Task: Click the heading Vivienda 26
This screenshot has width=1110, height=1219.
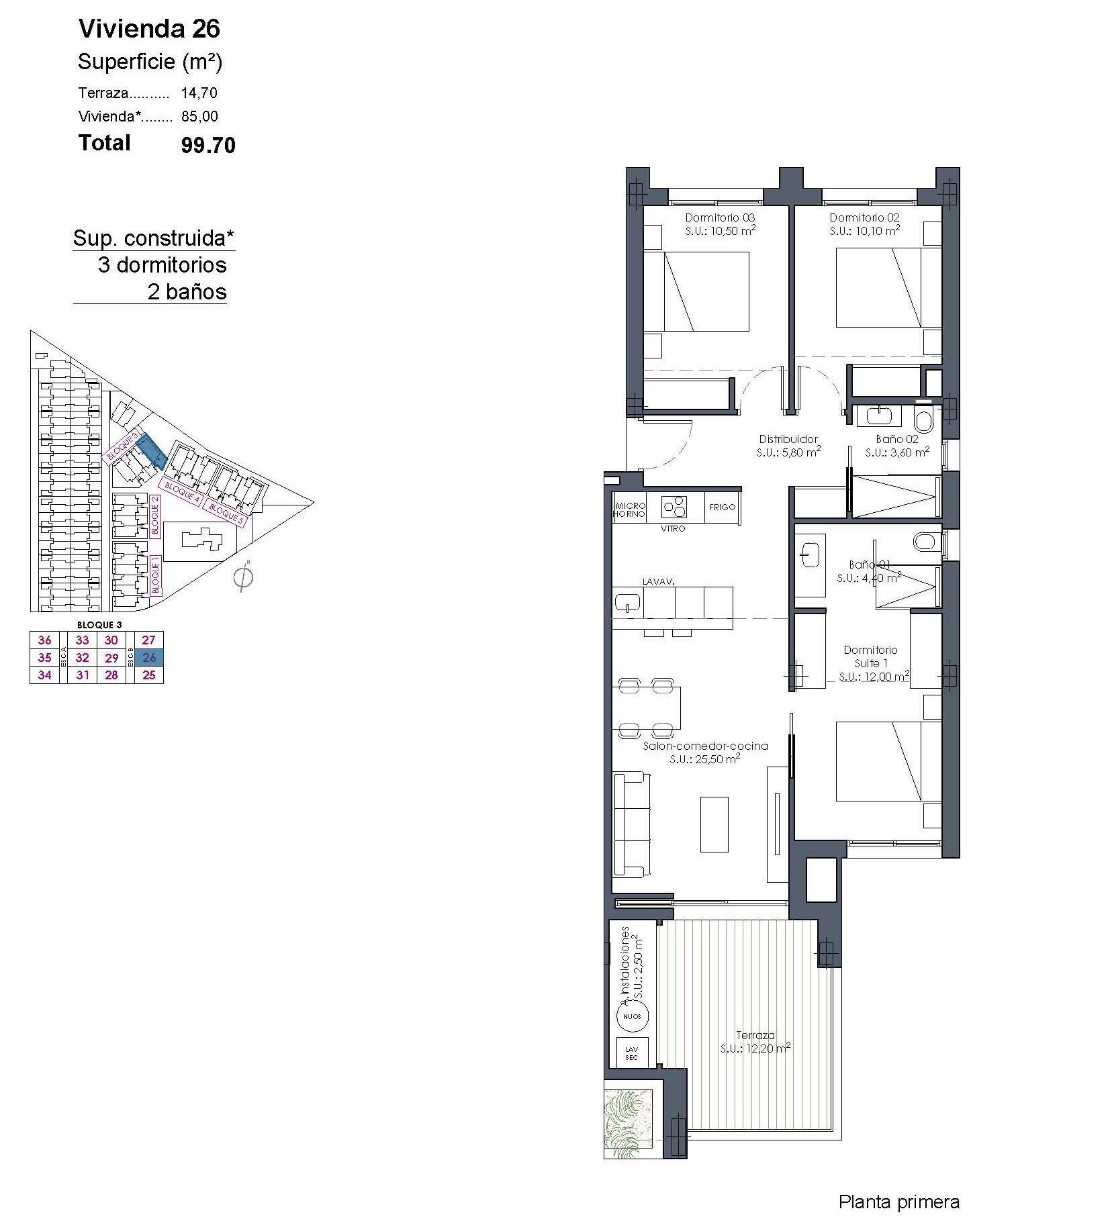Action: (149, 29)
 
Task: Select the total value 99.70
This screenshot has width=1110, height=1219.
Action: (208, 145)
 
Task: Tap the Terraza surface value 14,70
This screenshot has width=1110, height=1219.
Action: (199, 93)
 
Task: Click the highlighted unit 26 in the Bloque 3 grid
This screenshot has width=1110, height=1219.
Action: (149, 658)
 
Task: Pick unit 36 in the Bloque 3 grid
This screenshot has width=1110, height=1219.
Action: (45, 640)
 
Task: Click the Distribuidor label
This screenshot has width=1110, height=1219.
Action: (788, 439)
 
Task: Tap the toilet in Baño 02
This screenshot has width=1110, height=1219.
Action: (924, 422)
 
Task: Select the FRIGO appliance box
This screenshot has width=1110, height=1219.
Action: (723, 507)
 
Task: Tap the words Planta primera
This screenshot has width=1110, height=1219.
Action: (898, 1201)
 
